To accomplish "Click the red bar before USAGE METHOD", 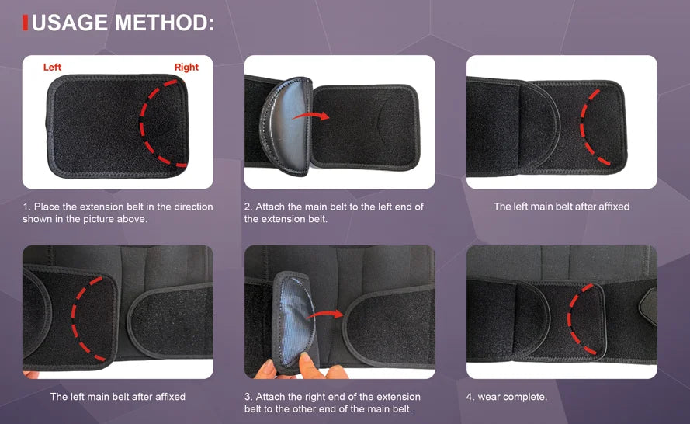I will tap(26, 23).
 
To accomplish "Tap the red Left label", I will tap(52, 68).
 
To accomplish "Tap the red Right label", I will tap(186, 68).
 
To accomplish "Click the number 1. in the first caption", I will tap(26, 207).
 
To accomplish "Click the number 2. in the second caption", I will tap(248, 207).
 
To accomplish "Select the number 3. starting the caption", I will tap(248, 397).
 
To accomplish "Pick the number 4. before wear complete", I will tap(470, 397).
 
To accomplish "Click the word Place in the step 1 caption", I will tap(47, 207).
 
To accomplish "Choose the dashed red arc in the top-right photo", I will tap(588, 120).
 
